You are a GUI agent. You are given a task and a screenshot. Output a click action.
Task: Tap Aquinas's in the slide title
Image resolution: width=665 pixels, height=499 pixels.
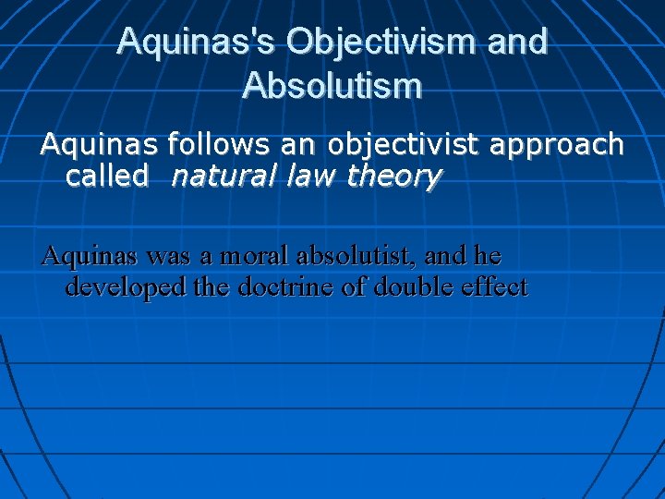(195, 42)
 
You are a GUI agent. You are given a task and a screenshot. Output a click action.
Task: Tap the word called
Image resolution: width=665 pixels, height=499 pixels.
(106, 176)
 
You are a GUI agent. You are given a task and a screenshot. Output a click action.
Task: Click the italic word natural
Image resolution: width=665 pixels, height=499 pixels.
(221, 176)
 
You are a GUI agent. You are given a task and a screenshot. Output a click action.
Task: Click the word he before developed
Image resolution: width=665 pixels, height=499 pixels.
(490, 255)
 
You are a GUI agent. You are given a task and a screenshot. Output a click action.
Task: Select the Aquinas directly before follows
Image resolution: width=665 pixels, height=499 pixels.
(100, 144)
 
